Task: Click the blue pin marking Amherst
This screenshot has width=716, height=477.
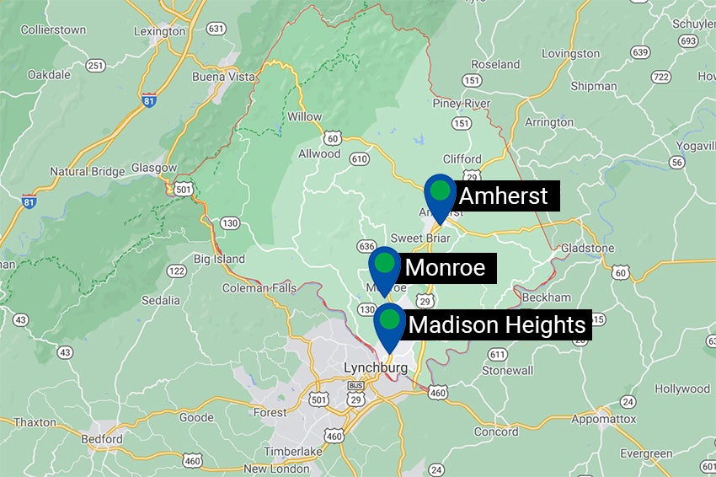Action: pos(440,192)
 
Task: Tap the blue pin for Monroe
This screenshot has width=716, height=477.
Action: pos(384,265)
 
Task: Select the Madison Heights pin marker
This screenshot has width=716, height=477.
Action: pos(388,322)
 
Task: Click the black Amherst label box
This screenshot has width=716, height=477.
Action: pos(504,196)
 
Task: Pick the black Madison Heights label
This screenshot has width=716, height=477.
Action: pos(496,324)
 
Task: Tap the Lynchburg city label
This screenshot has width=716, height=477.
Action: pos(376,368)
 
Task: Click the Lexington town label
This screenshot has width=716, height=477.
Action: pos(161,31)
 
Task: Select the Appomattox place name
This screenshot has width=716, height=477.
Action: pos(603,418)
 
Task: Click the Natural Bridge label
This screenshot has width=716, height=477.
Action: pos(88,171)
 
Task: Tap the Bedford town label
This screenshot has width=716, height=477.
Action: pos(102,439)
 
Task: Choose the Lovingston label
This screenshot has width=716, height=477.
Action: pos(571,53)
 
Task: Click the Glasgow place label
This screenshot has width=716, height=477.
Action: pos(153,168)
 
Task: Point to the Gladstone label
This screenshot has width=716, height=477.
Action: pos(586,249)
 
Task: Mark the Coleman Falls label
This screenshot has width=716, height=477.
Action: pos(259,288)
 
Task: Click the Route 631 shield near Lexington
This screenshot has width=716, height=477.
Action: pos(216,29)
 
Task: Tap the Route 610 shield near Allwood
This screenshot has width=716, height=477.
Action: pos(361,158)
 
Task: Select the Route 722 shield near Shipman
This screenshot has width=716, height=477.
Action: pos(661,77)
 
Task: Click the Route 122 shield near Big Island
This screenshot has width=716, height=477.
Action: pos(176,271)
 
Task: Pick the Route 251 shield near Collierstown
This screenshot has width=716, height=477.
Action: pos(95,65)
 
